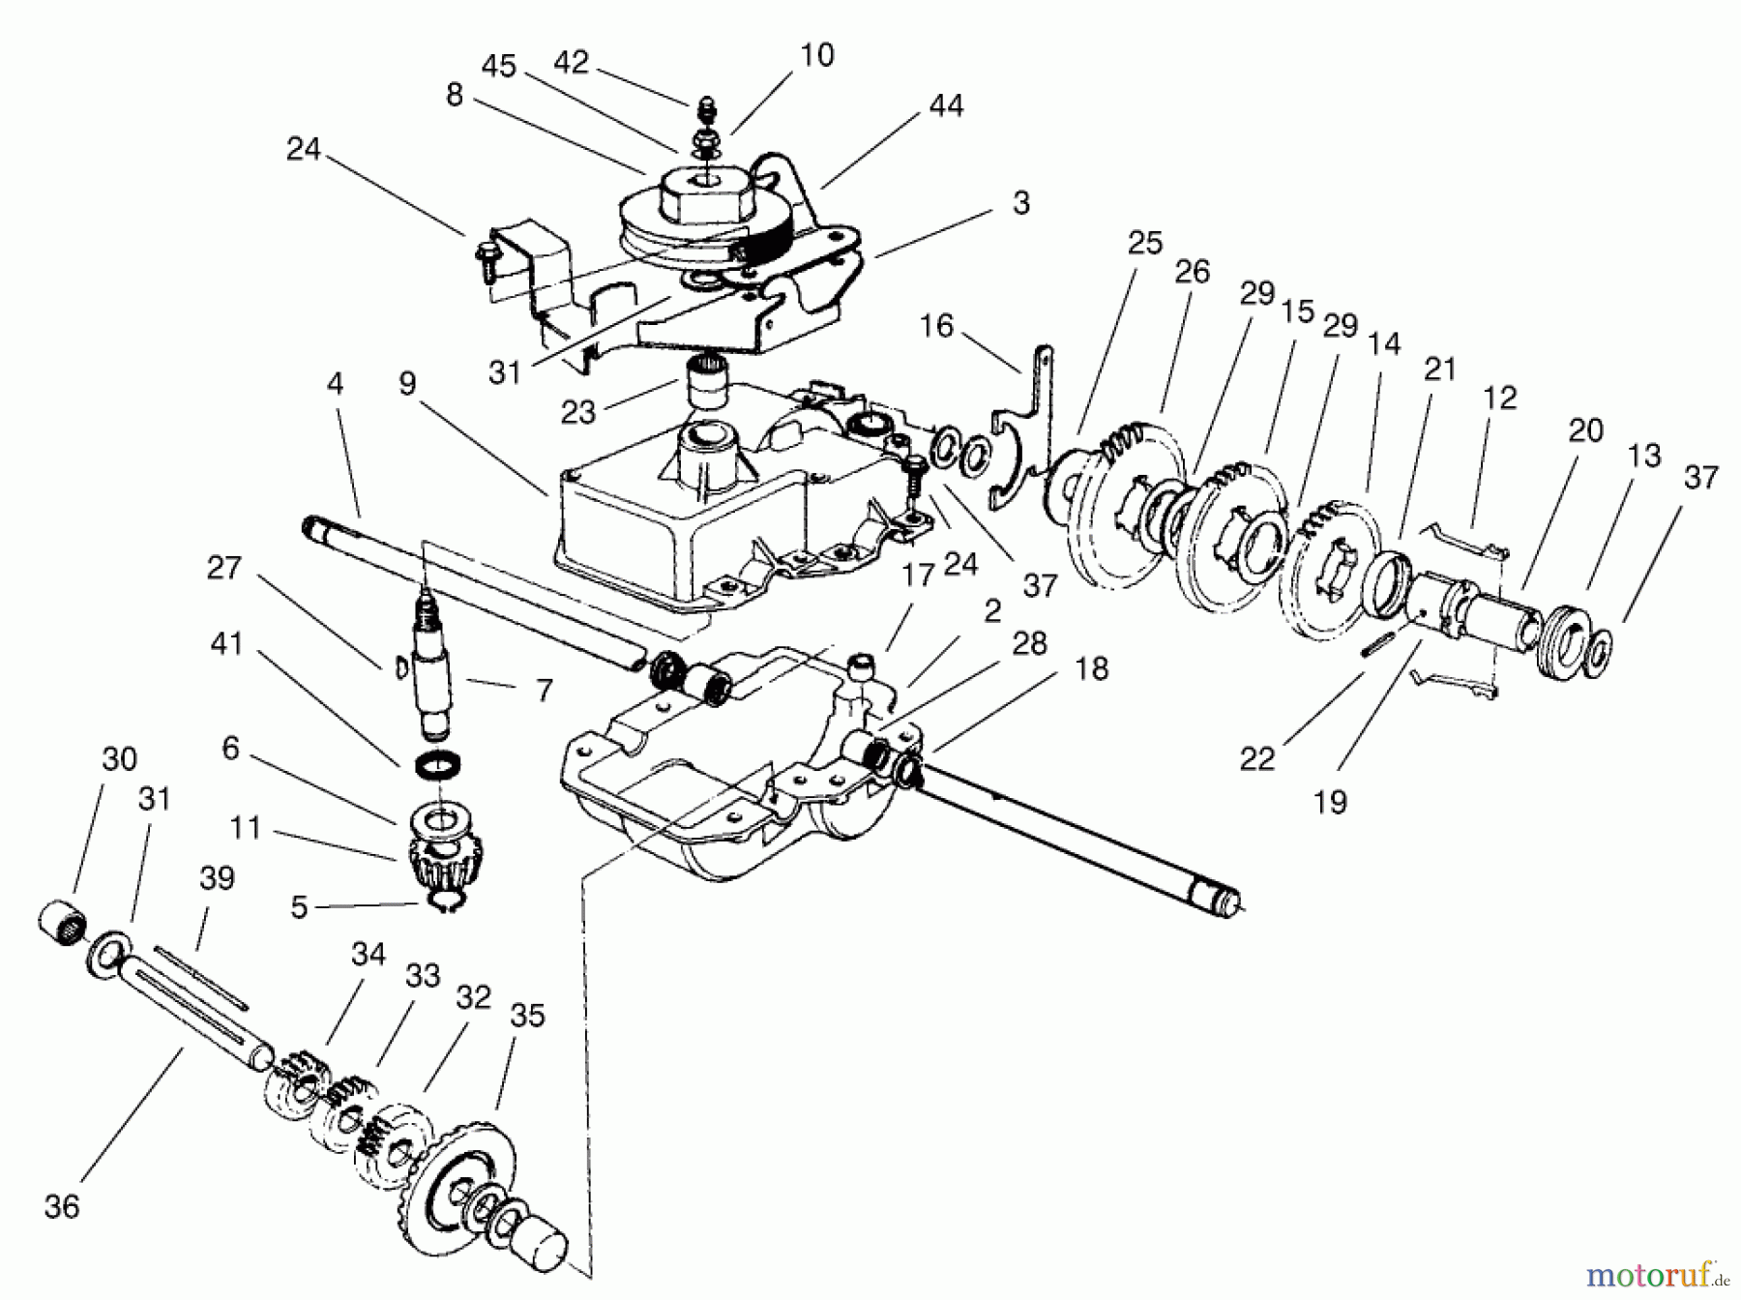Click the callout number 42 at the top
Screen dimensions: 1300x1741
[571, 63]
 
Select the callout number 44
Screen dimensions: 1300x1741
[945, 105]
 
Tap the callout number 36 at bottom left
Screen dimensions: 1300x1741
[62, 1206]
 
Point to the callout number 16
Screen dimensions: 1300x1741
[935, 326]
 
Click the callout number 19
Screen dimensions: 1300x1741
[1331, 802]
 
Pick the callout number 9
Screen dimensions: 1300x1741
[407, 384]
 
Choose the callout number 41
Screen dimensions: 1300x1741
[226, 643]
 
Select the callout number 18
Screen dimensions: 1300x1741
[1092, 668]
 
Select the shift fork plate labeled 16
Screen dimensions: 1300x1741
[1025, 426]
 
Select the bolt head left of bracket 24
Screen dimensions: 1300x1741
[483, 253]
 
